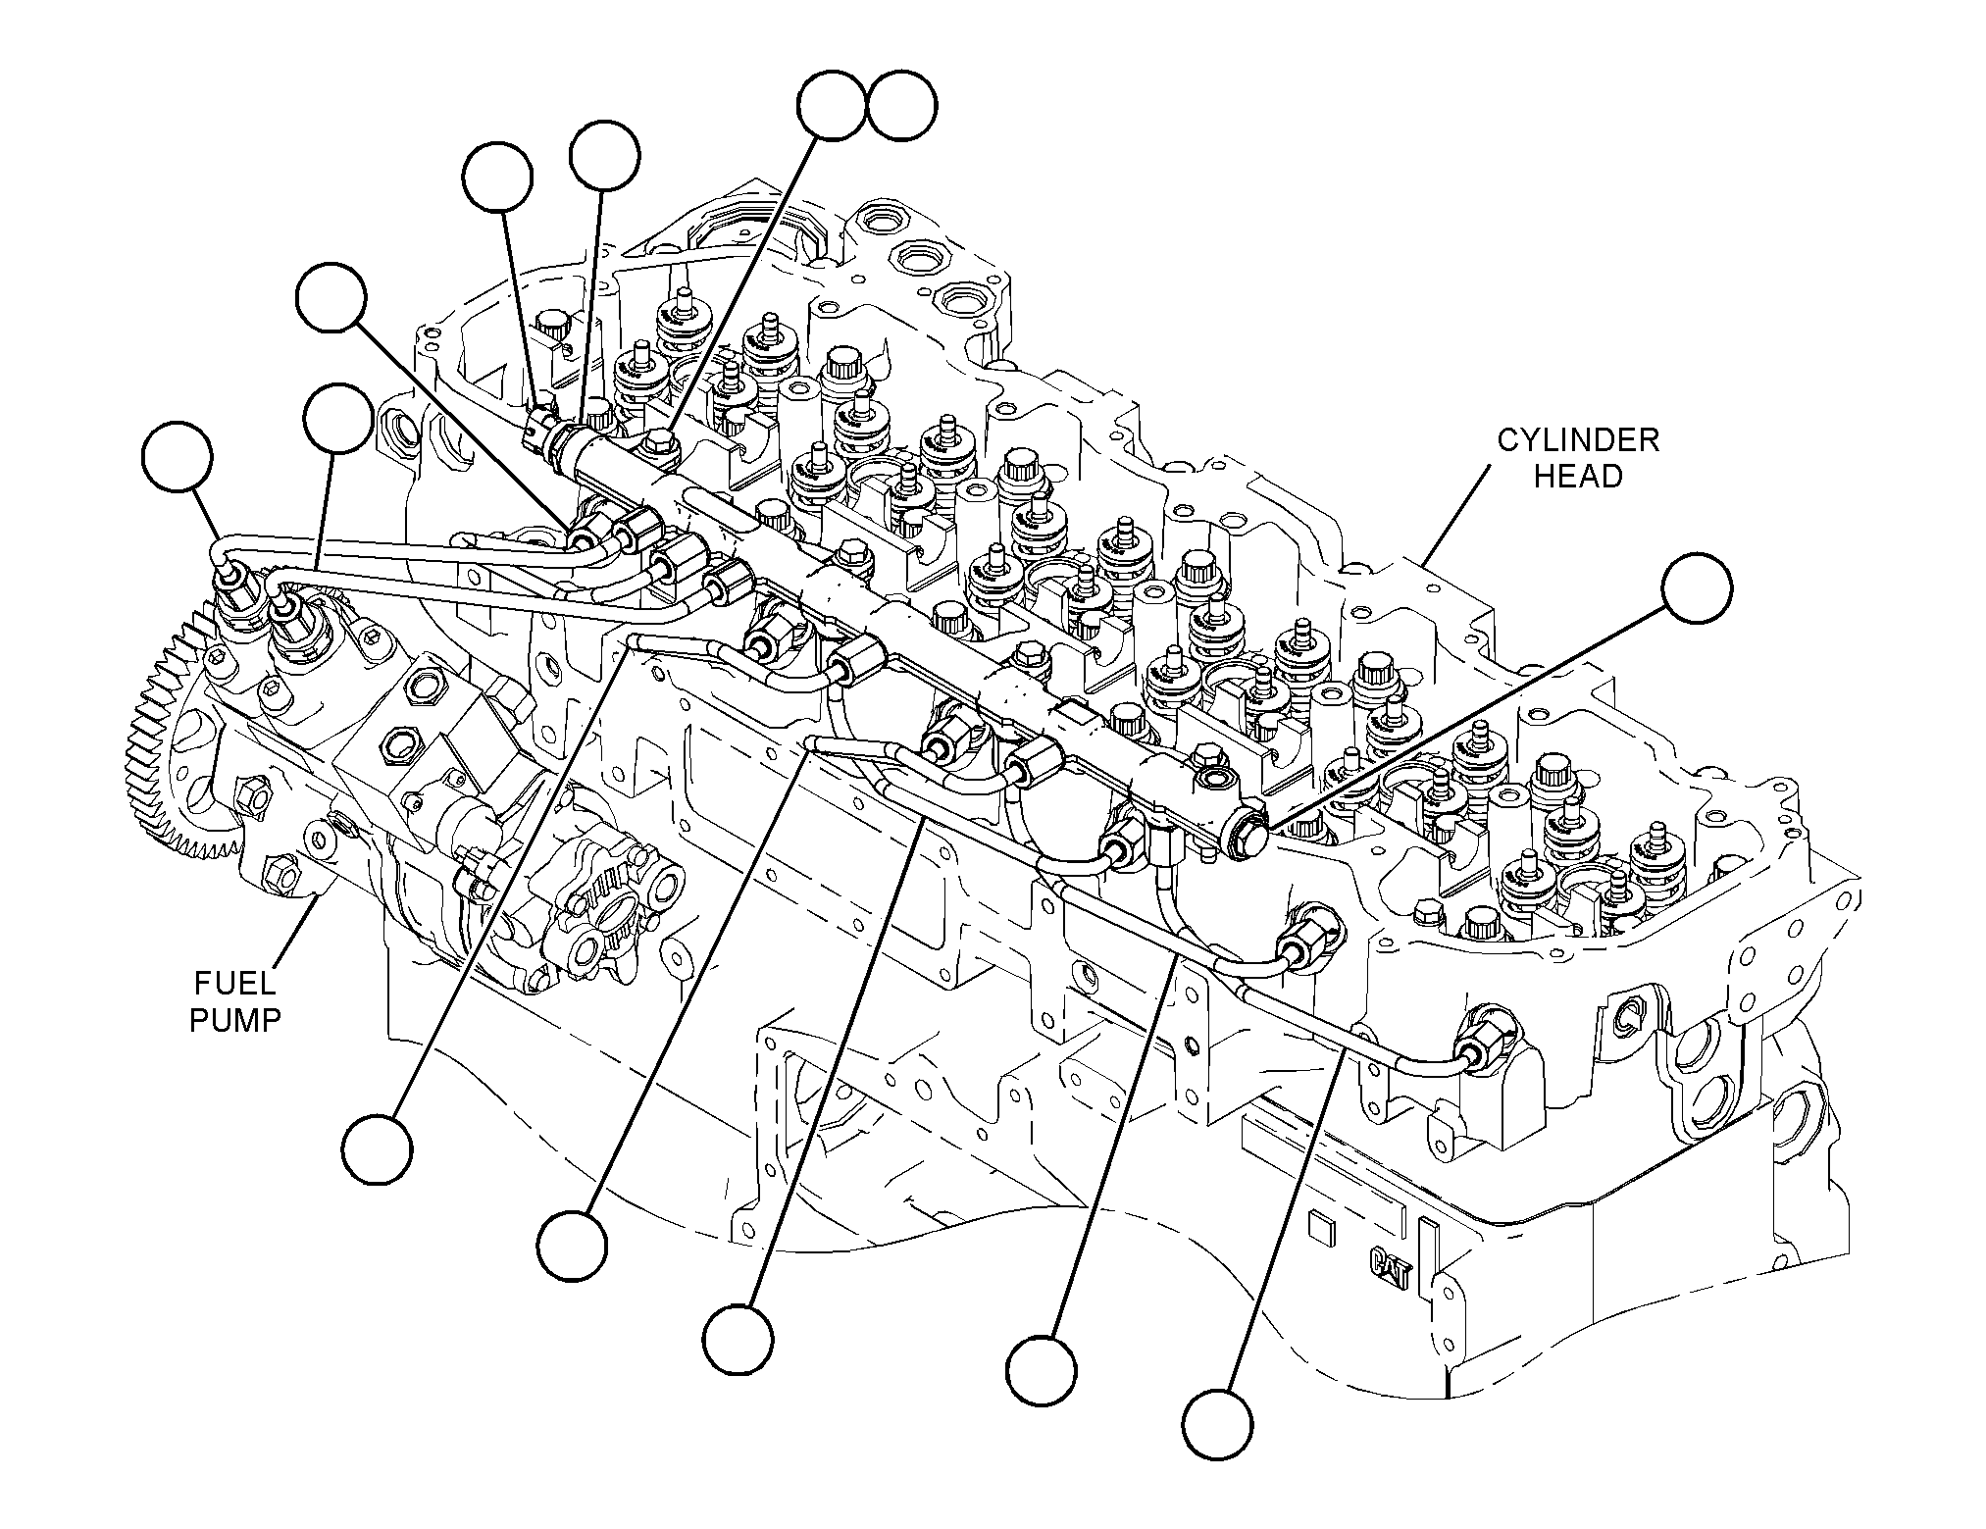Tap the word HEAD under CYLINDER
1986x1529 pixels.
(x=1578, y=477)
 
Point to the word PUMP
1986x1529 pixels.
(x=234, y=1020)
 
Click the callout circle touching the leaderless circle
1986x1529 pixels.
(x=832, y=106)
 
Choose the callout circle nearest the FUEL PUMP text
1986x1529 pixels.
(x=377, y=1148)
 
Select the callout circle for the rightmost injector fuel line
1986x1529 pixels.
(x=1217, y=1422)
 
